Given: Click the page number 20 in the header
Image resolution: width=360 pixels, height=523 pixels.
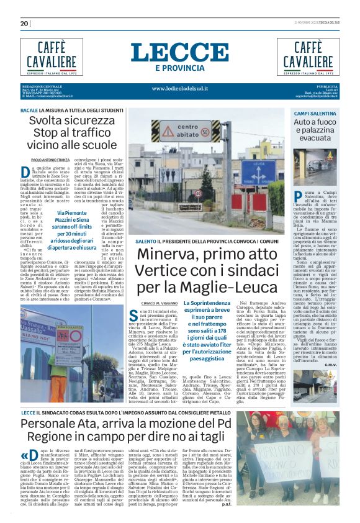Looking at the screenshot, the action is (x=25, y=24).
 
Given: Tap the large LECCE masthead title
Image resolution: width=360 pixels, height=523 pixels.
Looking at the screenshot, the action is (x=179, y=52).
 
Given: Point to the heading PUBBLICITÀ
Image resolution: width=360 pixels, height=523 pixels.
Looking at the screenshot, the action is (x=327, y=86).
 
